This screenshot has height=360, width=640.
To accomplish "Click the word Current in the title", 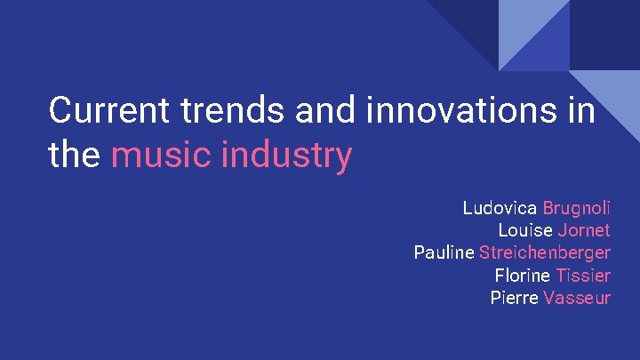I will tap(109, 111).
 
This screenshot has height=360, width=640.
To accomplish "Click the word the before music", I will tap(75, 156).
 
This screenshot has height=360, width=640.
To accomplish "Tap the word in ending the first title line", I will tap(581, 111).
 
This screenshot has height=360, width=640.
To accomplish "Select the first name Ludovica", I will tap(500, 208).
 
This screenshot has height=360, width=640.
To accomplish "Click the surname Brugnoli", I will tap(576, 208).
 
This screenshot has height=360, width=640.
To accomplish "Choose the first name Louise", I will tap(524, 230).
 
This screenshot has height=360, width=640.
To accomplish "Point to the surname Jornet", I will tap(584, 230).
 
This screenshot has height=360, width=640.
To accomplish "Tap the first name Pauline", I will tap(444, 252).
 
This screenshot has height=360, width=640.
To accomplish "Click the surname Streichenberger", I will tap(544, 252).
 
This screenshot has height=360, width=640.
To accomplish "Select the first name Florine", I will tap(522, 276).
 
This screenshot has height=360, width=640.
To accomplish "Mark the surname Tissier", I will tap(582, 276).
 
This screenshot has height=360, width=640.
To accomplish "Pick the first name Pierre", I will tap(514, 298).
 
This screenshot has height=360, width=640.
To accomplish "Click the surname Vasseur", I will tap(577, 298).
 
